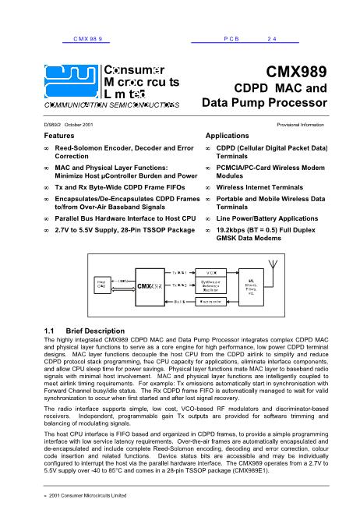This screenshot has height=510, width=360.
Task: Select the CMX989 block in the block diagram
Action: [149, 285]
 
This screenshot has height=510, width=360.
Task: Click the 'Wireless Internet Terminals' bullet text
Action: [261, 188]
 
